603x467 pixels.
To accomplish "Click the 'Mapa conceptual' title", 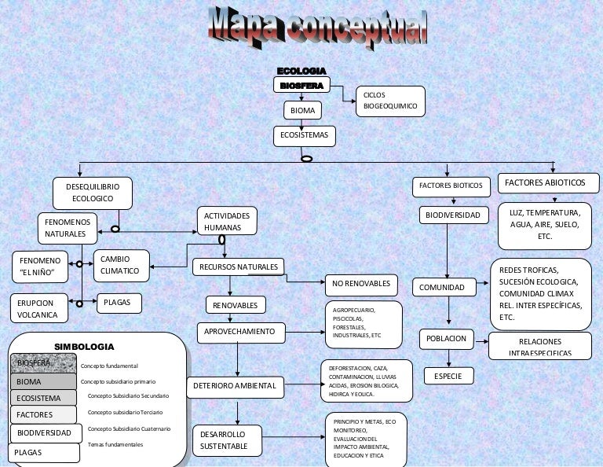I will coord(318,27).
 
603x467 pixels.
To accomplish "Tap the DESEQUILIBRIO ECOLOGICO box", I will coord(93,193).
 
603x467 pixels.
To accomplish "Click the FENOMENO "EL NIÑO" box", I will coord(40,267).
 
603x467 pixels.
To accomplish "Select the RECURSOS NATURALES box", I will coord(239,267).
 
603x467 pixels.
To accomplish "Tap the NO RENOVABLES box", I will coord(361,283).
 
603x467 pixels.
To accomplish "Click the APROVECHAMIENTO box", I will coord(240,333).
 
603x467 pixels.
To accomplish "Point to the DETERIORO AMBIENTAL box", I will coord(235,387).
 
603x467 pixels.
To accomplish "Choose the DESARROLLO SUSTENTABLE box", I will coord(224,440).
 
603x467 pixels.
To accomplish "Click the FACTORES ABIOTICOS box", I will coord(549,184).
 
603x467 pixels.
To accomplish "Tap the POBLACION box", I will coord(447,339).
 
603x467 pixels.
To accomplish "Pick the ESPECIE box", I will coord(448,377).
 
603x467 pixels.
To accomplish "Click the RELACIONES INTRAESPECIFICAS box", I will coord(539,346).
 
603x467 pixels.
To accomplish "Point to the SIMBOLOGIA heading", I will coord(84,347).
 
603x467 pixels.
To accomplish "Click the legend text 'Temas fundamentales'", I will coord(115,445).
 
